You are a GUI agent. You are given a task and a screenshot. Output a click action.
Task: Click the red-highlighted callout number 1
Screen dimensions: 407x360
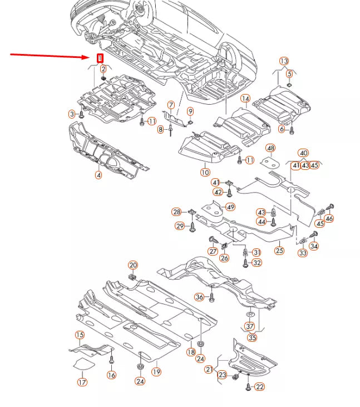coord(100,58)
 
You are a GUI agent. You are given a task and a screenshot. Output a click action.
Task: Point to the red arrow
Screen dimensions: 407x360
coord(50,56)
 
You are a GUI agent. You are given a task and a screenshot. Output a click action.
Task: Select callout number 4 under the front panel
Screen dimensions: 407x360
coord(98,175)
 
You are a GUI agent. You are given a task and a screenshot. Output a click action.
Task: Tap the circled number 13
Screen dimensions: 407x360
coord(284,61)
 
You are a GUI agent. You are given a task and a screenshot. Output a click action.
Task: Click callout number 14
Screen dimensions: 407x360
coord(245,99)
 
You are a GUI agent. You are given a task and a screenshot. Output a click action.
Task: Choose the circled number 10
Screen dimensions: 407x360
coord(205,172)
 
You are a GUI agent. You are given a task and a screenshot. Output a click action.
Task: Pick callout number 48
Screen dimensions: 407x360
coord(270,148)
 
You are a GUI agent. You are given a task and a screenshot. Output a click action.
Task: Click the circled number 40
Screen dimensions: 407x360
coord(303,153)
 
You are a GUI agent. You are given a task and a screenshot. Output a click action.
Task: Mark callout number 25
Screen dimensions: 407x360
coord(279,251)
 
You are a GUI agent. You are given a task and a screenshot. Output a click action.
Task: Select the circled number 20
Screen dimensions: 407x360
coord(132,264)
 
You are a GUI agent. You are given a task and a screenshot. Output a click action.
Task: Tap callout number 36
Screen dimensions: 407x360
coord(199,297)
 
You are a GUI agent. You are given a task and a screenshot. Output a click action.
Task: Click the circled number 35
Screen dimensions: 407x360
coord(253,337)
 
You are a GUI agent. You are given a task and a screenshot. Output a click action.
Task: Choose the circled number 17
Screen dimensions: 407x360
coord(82,382)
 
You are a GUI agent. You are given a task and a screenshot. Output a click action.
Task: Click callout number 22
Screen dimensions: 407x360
coord(259,386)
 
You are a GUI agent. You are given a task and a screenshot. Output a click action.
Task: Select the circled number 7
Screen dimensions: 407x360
coord(171,105)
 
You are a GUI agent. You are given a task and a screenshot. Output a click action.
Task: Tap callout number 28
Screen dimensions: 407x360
coord(176,212)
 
